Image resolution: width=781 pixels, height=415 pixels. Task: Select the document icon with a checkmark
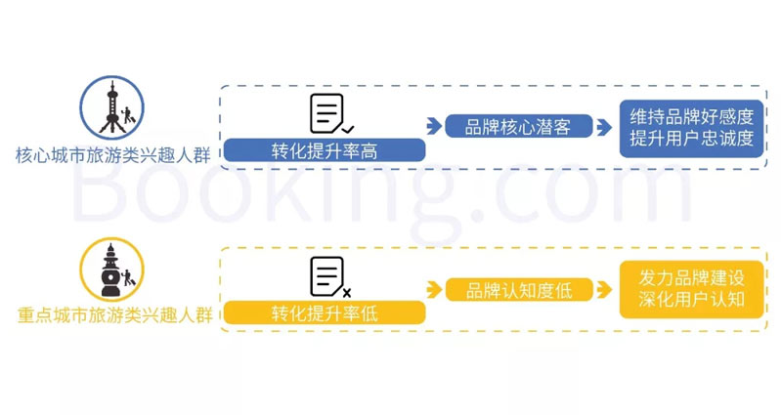point(330,113)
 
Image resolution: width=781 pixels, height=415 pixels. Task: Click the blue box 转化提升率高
point(325,150)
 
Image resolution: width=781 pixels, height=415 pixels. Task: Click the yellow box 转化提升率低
point(325,313)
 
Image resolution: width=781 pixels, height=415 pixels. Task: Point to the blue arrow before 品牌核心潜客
point(434,125)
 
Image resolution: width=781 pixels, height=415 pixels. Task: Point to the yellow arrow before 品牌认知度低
point(434,289)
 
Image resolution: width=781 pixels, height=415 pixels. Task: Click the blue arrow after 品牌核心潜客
point(607,125)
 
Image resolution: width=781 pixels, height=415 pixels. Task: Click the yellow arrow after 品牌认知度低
point(607,289)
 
